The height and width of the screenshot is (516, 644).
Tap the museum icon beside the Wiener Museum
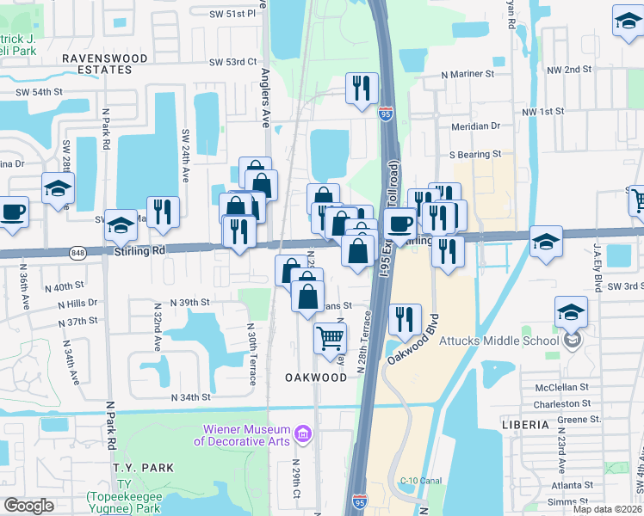[x=302, y=435]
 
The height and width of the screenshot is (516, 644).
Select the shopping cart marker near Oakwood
[x=331, y=338]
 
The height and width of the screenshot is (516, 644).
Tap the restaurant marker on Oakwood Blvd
[x=405, y=319]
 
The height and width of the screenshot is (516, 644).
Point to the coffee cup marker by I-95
[x=400, y=225]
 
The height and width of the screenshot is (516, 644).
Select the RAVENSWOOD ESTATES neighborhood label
[x=105, y=58]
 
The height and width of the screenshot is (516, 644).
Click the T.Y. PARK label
[x=143, y=468]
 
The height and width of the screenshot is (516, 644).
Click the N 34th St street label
[x=191, y=397]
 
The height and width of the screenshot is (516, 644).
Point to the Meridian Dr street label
[x=475, y=126]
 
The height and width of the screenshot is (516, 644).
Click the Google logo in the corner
[x=28, y=506]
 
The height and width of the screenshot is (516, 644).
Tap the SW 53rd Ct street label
[x=233, y=62]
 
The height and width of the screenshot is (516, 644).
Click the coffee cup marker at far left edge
[x=13, y=212]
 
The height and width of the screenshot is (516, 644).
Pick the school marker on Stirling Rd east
[x=546, y=242]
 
